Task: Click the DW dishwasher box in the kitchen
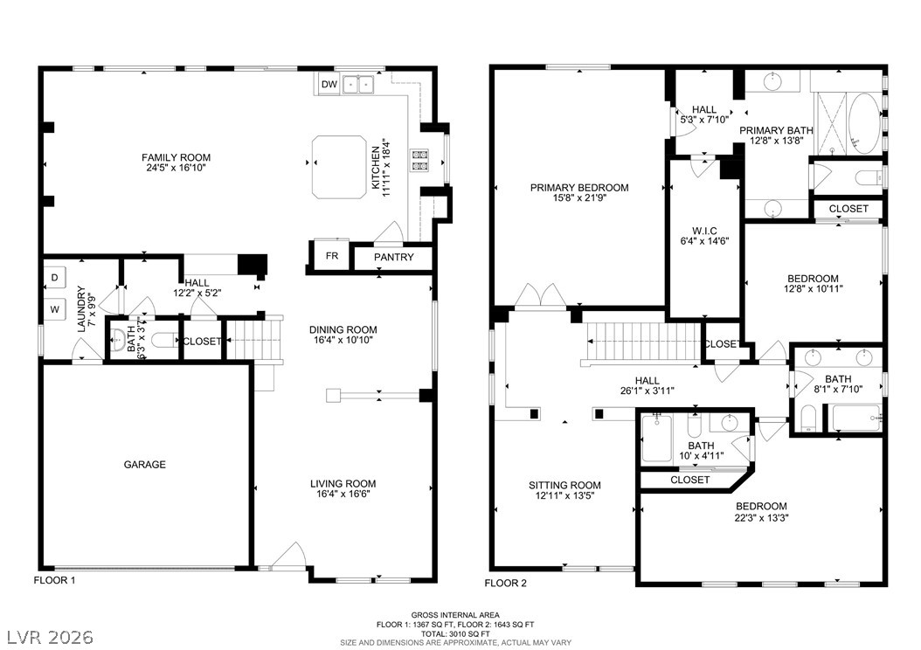click(x=329, y=85)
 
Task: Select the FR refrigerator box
click(x=332, y=255)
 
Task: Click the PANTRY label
click(x=393, y=257)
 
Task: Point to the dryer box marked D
click(x=55, y=278)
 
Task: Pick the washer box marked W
click(x=55, y=309)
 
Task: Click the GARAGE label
click(x=144, y=465)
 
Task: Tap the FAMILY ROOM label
click(x=176, y=157)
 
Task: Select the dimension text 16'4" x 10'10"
click(x=343, y=340)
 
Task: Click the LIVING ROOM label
click(x=343, y=484)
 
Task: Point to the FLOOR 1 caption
click(x=55, y=580)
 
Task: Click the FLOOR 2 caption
click(x=505, y=583)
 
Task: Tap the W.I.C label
click(x=703, y=231)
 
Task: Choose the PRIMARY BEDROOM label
click(x=579, y=188)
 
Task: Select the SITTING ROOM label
click(x=564, y=485)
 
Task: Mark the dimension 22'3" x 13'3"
click(x=761, y=518)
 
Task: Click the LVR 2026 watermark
click(x=50, y=637)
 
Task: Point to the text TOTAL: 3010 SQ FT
click(x=455, y=634)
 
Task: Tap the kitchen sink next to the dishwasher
click(x=359, y=85)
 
